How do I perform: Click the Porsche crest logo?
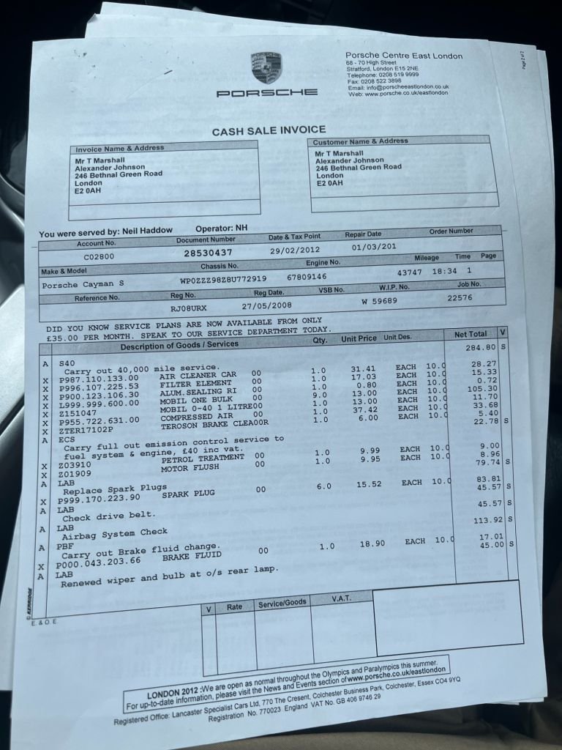point(267,67)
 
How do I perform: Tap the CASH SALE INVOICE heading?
point(269,131)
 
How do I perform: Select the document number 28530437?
point(209,252)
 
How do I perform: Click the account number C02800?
point(100,257)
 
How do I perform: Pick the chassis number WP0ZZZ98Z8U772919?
point(223,279)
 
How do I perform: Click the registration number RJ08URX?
point(190,309)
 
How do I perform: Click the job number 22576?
point(460,297)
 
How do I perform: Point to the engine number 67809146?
point(307,277)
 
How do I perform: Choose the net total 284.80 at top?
point(481,346)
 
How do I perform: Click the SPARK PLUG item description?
point(188,494)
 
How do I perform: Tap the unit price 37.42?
point(364,410)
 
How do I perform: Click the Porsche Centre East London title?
point(404,56)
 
